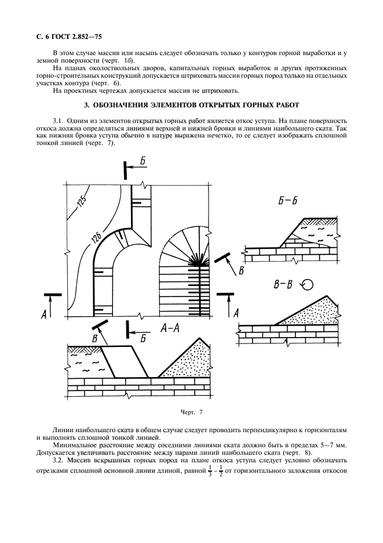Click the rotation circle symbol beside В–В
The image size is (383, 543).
308,284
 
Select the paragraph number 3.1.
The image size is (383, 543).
58,120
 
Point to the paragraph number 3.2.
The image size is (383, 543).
58,460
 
